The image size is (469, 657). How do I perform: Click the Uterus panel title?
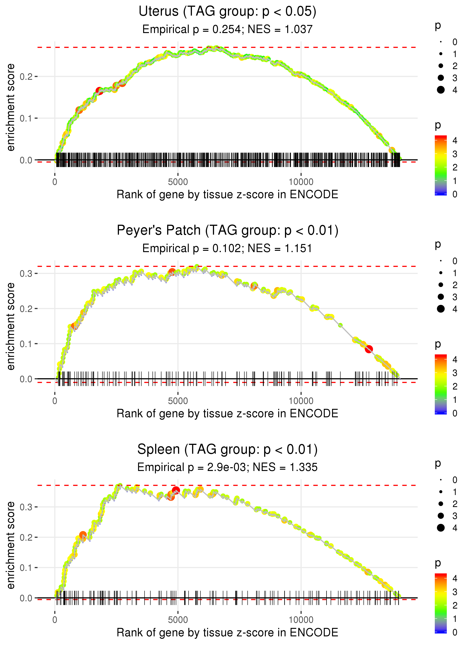pos(227,12)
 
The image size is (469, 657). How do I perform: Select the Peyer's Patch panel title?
pos(227,231)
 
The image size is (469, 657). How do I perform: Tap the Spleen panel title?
pos(227,450)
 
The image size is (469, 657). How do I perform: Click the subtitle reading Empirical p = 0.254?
pos(192,29)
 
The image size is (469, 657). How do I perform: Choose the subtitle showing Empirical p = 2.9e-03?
pos(192,467)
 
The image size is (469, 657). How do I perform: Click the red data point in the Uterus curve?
pos(99,91)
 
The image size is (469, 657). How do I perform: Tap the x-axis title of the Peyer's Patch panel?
pos(227,414)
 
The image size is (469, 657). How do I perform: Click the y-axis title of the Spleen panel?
pos(11,545)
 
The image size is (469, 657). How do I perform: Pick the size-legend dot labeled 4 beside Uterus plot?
pos(441,90)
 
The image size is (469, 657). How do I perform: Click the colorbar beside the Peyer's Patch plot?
pos(441,384)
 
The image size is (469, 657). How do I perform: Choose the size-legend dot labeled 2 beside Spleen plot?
pos(441,504)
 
